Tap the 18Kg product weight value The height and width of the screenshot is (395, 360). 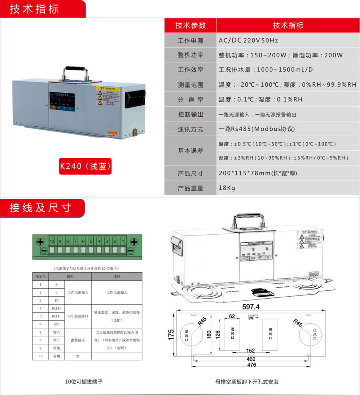coord(227,188)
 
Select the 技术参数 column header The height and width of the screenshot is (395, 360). coord(190,26)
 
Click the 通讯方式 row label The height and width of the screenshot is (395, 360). coord(190,129)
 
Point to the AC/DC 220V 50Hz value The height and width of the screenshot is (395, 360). coord(248,40)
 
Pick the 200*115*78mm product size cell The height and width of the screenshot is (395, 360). coord(258,174)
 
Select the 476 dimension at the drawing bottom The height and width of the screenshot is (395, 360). coord(251,365)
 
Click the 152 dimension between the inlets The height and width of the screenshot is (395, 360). coord(250,351)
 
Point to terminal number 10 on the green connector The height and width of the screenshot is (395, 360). coord(52,241)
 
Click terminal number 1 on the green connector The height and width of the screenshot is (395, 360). coord(122,241)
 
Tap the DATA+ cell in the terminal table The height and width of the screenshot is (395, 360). coord(56,308)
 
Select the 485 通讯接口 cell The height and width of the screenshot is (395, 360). coord(78,316)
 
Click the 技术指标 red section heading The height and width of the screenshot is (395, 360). coord(34,9)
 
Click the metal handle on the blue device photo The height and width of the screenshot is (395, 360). coord(75,73)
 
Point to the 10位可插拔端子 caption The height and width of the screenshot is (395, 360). coord(84,382)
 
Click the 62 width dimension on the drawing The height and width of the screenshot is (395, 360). coord(232,316)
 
